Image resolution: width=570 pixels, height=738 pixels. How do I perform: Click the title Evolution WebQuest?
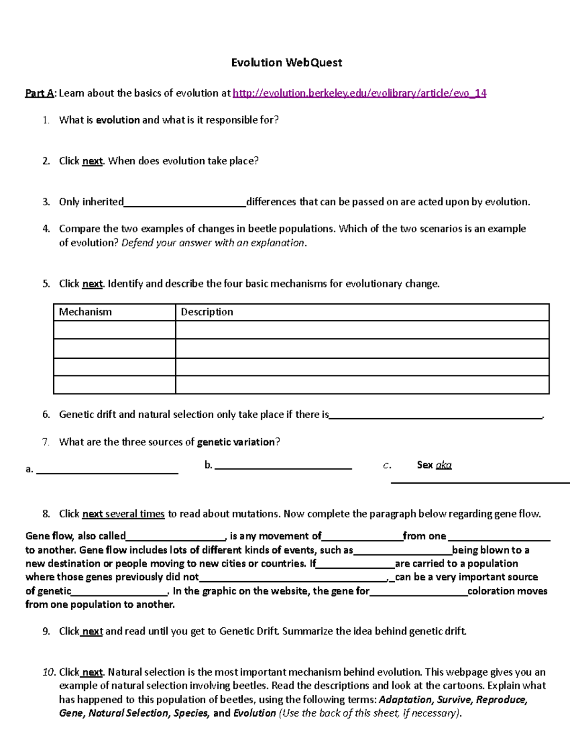coord(286,63)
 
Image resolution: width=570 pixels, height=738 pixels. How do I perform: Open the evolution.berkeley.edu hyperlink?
coord(359,93)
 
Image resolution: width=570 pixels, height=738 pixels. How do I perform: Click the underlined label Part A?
coord(39,93)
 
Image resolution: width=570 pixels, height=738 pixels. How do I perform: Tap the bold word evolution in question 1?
coord(118,120)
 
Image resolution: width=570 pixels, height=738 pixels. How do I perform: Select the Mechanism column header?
coord(85,312)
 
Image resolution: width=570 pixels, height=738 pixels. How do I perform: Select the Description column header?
coord(207,312)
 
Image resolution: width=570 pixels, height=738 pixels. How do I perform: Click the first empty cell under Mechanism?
coord(114,330)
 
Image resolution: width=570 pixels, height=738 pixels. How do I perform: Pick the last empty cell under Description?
coord(362,385)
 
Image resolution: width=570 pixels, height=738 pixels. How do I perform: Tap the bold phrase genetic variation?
coord(236,442)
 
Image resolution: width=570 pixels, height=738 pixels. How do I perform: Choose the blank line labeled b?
coord(283,467)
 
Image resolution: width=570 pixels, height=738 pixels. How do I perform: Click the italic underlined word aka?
coord(444,465)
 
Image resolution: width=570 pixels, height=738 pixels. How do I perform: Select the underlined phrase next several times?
coord(123,514)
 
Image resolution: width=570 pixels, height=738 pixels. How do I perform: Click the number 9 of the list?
coord(46,632)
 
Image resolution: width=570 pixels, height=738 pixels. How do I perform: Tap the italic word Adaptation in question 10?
coord(406,700)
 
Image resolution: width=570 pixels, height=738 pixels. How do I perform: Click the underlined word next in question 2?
coord(93,161)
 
